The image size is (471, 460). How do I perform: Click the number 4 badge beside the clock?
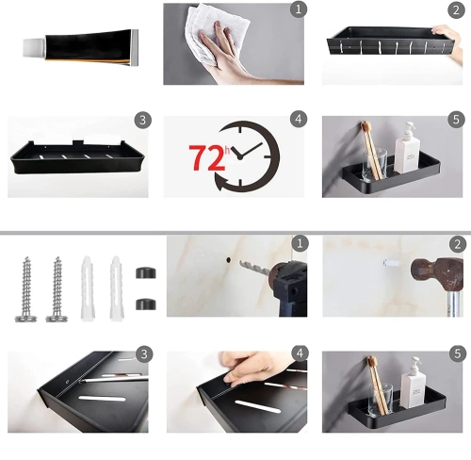[299, 120]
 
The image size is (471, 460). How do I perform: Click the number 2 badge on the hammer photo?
[458, 244]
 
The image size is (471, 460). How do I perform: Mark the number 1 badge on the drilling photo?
[299, 244]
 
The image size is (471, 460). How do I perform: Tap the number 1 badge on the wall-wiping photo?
[299, 9]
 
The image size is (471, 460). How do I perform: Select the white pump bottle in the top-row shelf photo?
[408, 149]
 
